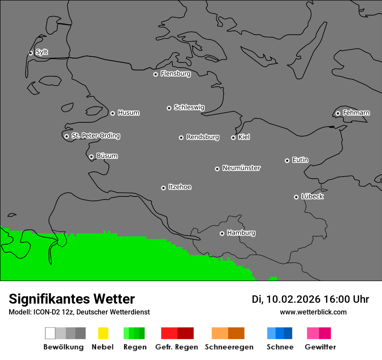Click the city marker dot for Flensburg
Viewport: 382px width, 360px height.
[x=155, y=74]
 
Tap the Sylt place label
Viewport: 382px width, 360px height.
[x=42, y=52]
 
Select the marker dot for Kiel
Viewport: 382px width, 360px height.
[x=233, y=137]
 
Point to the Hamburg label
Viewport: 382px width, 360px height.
[x=241, y=233]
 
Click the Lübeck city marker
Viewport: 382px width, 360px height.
[x=296, y=197]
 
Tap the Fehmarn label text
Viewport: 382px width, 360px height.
[x=356, y=113]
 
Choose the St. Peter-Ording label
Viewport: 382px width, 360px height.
[x=95, y=136]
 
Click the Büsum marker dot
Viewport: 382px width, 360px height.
[x=91, y=157]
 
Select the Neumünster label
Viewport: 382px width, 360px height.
[x=241, y=168]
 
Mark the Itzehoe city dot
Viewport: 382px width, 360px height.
[x=163, y=188]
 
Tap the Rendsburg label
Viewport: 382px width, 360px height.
[x=203, y=137]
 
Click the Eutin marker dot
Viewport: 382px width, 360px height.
[x=287, y=160]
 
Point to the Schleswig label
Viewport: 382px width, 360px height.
[x=189, y=107]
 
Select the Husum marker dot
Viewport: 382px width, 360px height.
[x=112, y=113]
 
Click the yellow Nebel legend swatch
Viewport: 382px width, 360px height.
[x=103, y=333]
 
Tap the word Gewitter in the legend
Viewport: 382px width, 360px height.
[x=320, y=347]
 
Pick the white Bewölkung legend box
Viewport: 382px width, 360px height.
[x=50, y=333]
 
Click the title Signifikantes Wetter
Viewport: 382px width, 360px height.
[x=72, y=299]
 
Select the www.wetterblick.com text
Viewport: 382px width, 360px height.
[x=313, y=312]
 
